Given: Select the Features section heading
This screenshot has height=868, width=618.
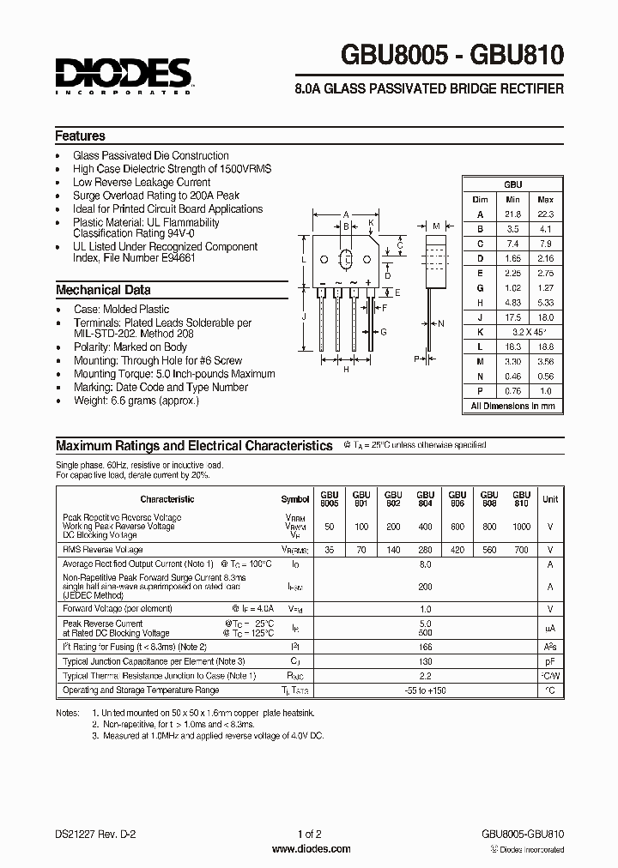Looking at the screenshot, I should coord(81,136).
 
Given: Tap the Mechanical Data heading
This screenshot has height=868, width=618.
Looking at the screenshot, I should coord(103,289).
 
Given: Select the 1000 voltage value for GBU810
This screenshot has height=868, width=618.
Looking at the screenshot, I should coord(520,527).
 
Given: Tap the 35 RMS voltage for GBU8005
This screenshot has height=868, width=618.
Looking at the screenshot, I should coord(330,549).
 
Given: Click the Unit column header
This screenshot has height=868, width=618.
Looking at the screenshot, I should coord(550,498).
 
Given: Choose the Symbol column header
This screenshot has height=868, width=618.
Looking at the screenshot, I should coord(295,499).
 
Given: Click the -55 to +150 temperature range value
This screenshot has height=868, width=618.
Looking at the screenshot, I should coord(424,690).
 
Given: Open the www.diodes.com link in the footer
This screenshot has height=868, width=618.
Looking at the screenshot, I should coord(310,849).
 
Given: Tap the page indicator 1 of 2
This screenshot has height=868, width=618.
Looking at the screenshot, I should coord(309,833).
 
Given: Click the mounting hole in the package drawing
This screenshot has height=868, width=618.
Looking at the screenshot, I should coord(346,258).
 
